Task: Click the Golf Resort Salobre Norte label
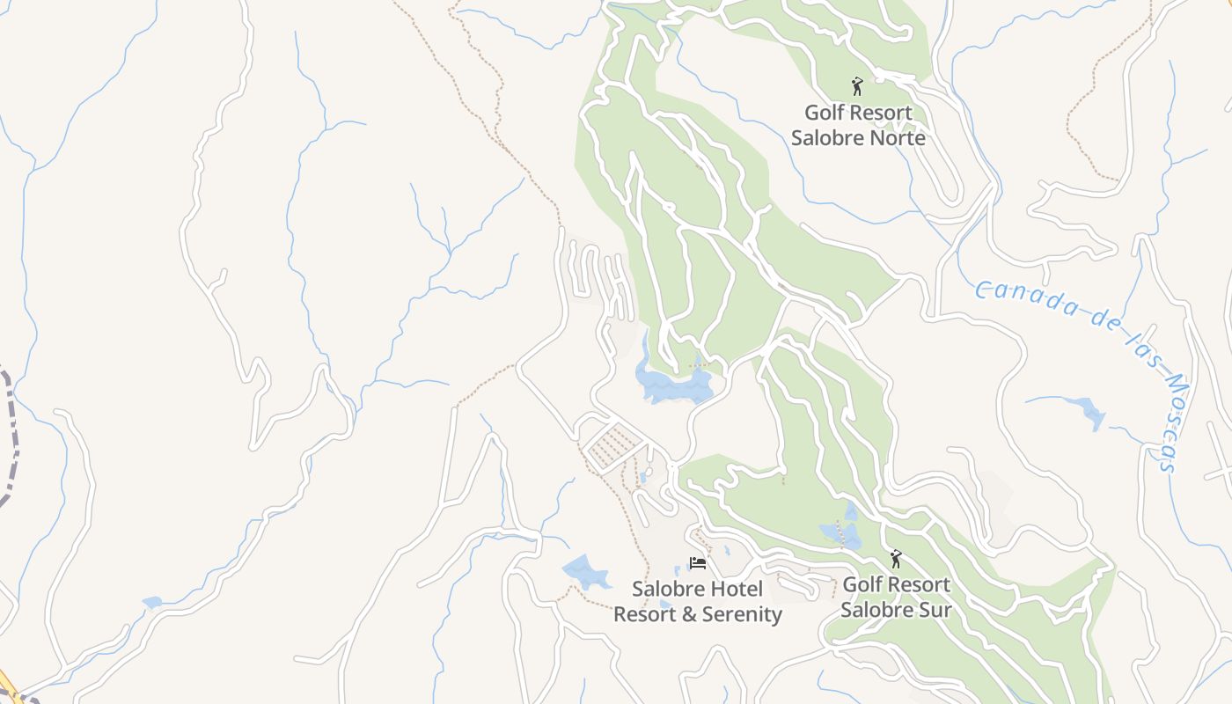click(858, 126)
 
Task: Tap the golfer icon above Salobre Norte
click(857, 86)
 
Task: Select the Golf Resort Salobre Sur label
click(896, 597)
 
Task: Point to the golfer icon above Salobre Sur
click(896, 559)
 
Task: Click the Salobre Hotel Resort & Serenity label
click(697, 602)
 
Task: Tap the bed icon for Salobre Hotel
click(698, 563)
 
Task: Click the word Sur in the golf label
click(934, 609)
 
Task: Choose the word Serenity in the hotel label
click(740, 614)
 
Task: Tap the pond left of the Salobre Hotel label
click(585, 572)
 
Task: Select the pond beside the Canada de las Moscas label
click(1088, 412)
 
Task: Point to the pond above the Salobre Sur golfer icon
click(840, 533)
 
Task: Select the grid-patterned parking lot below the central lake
click(612, 445)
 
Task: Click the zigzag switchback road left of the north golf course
click(598, 282)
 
